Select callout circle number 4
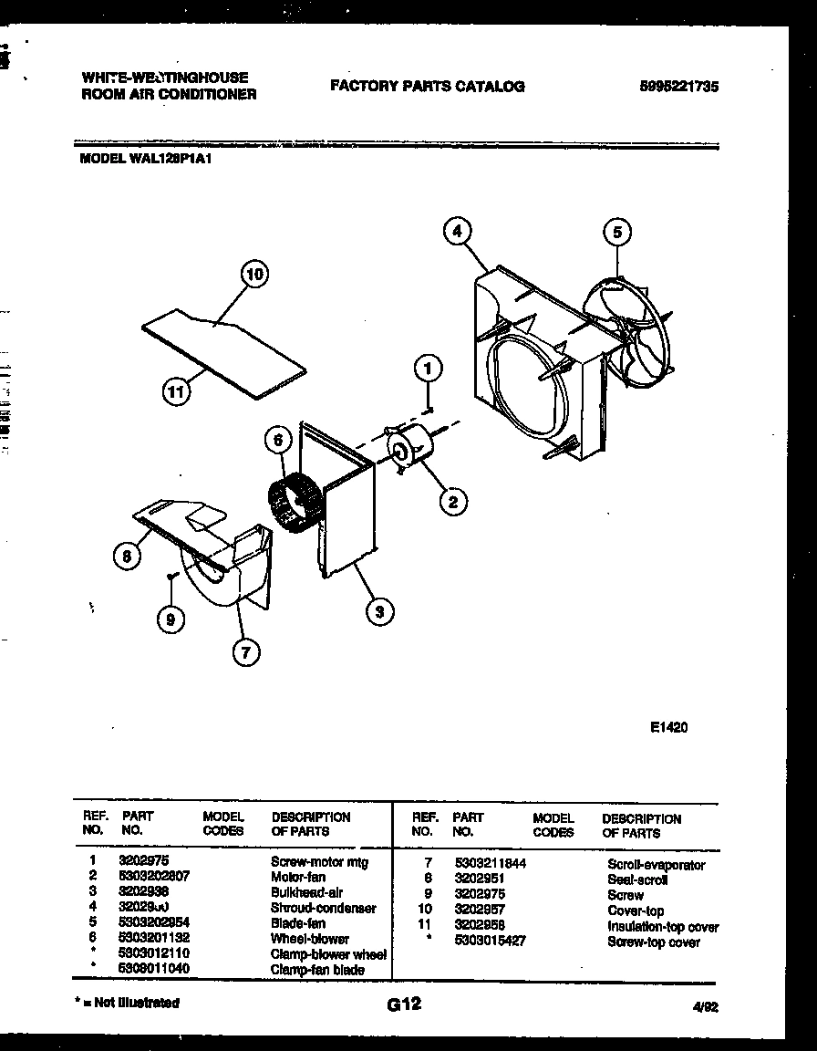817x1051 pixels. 459,232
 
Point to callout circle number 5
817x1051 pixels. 617,233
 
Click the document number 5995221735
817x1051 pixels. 678,87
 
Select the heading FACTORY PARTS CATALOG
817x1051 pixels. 427,87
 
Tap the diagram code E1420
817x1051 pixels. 668,727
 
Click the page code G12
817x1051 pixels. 403,1004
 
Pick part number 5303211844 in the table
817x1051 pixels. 490,863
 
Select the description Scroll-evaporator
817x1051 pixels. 656,864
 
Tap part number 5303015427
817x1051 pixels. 490,941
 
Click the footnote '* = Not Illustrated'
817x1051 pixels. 127,1003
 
